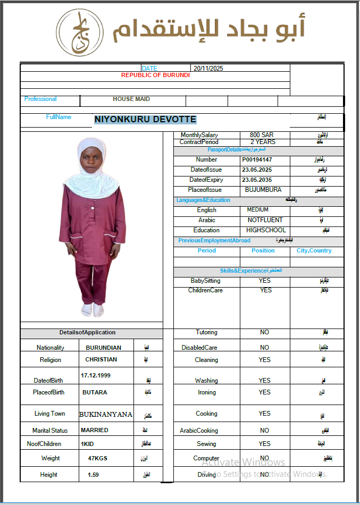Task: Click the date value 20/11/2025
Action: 208,69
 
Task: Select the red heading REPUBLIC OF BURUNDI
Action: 155,75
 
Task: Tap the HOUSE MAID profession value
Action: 131,99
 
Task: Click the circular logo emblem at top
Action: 80,33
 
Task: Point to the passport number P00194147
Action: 257,159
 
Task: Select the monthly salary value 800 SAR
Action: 262,135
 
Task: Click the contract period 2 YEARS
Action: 263,142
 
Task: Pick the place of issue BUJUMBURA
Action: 263,190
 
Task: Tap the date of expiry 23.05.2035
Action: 257,180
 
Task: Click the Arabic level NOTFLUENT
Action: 265,220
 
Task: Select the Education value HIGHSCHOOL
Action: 266,230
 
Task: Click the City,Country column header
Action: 314,250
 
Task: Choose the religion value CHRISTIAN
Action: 101,359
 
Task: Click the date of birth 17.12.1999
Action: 96,375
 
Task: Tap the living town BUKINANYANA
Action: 106,414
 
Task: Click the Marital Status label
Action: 50,431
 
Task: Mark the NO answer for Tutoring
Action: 265,332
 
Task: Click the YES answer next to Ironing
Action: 265,392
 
